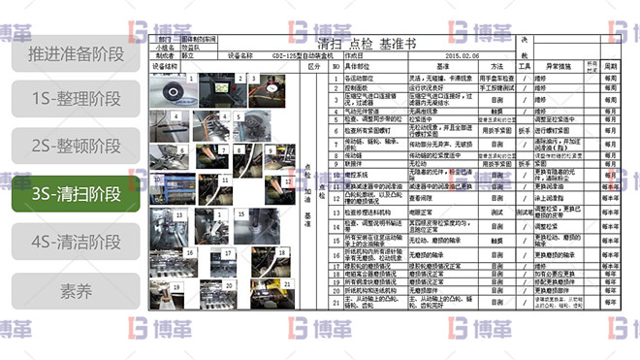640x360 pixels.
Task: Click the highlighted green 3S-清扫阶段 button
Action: [76, 193]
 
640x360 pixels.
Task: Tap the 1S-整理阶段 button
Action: [76, 100]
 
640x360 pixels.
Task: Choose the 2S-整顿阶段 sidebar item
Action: [76, 147]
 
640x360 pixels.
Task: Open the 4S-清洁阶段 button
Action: [76, 241]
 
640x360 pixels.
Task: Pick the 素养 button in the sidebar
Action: [76, 288]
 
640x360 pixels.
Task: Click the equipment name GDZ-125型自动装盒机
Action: [284, 56]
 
